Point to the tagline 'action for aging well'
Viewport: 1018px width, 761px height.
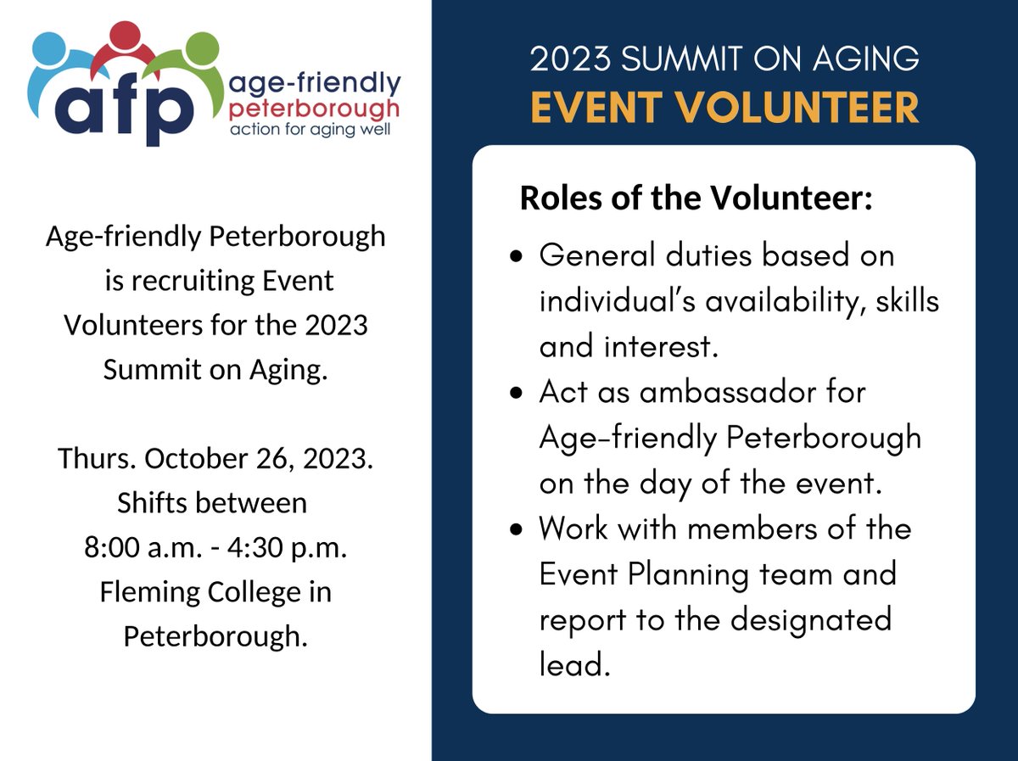pyautogui.click(x=310, y=131)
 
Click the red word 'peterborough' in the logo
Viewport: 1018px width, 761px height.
pyautogui.click(x=315, y=109)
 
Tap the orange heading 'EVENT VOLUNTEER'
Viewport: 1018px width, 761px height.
pyautogui.click(x=724, y=108)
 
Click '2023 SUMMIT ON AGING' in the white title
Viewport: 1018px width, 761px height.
pyautogui.click(x=724, y=59)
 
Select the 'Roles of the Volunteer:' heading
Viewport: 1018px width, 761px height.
pyautogui.click(x=696, y=199)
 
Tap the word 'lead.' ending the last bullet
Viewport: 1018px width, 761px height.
pyautogui.click(x=574, y=665)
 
